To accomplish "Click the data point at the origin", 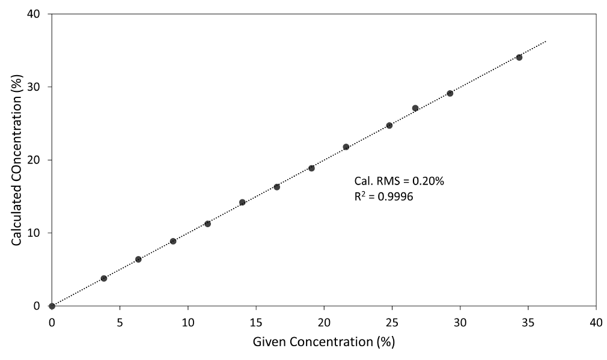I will [x=52, y=306].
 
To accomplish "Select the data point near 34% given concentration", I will [x=519, y=58].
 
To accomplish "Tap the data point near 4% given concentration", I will [x=104, y=278].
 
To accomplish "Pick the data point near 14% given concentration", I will [x=242, y=203].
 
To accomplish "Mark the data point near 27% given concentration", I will [x=415, y=108].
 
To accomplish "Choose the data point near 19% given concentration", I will [x=311, y=168].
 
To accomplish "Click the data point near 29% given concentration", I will [x=450, y=93].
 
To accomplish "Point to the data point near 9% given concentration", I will [x=173, y=241].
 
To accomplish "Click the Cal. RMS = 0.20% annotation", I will [x=399, y=181].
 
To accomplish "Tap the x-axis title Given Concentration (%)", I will [x=324, y=343].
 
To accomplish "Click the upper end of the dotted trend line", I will [x=546, y=41].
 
